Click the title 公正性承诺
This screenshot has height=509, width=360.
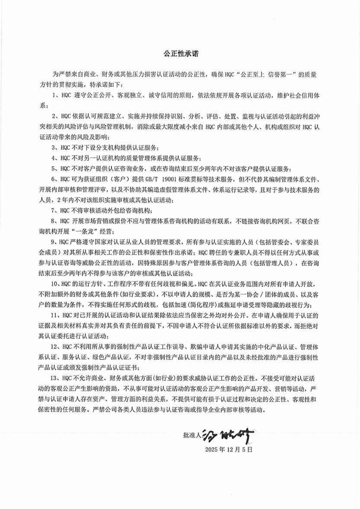(x=181, y=55)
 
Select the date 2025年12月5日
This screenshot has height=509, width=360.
(x=229, y=450)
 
